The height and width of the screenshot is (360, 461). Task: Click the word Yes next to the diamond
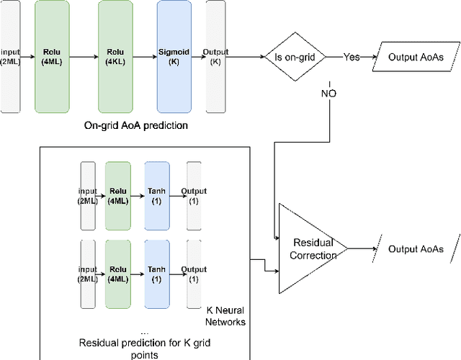352,57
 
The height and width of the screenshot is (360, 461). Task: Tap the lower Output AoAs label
415,249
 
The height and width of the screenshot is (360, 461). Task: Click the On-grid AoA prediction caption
135,125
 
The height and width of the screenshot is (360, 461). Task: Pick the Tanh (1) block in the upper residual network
156,196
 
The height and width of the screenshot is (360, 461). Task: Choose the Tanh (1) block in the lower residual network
156,274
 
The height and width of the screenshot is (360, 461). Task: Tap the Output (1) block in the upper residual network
194,196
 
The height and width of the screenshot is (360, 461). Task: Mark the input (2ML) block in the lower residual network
87,274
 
